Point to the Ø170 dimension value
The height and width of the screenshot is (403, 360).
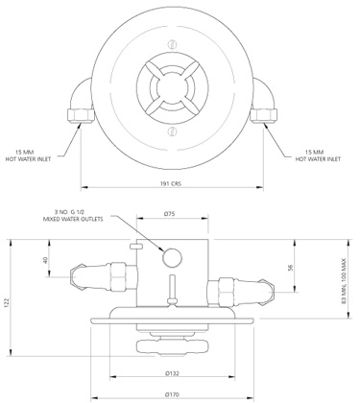(173, 393)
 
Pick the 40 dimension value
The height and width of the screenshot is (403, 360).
(45, 259)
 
